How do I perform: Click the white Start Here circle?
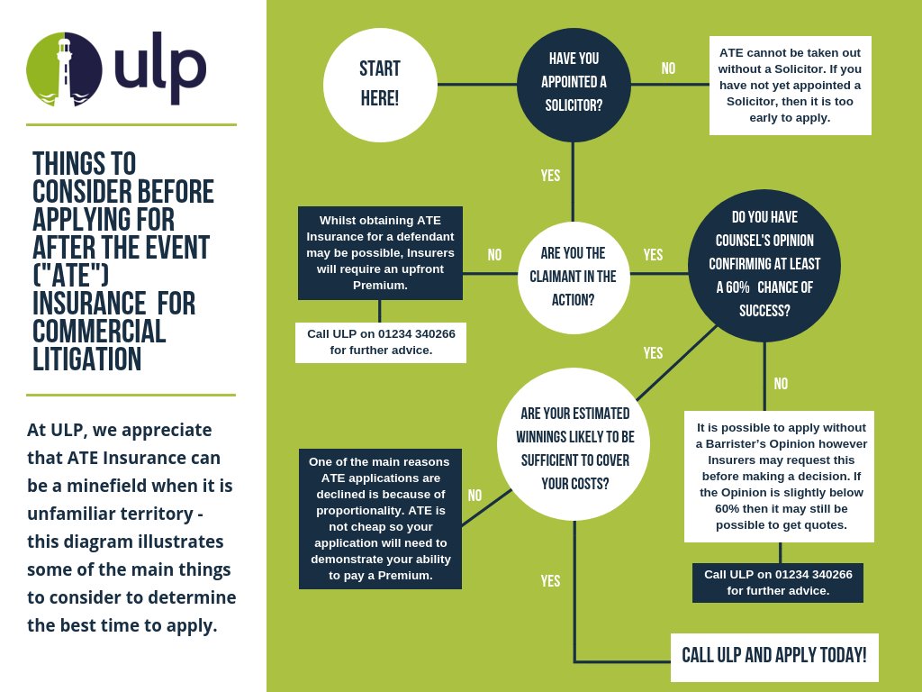coord(379,85)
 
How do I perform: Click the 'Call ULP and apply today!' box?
coord(773,656)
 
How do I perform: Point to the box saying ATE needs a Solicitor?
coord(790,85)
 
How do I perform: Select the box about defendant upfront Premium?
coord(380,252)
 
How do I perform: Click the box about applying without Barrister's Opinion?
coord(779,477)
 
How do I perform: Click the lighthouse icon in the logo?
coord(64,70)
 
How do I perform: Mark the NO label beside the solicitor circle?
coord(668,68)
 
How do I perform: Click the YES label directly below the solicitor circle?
coord(550,176)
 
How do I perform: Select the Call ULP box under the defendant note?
coord(380,341)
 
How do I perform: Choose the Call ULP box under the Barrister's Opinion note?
coord(777,582)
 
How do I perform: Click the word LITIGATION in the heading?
coord(86,360)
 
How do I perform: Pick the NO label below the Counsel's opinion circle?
coord(780,384)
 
